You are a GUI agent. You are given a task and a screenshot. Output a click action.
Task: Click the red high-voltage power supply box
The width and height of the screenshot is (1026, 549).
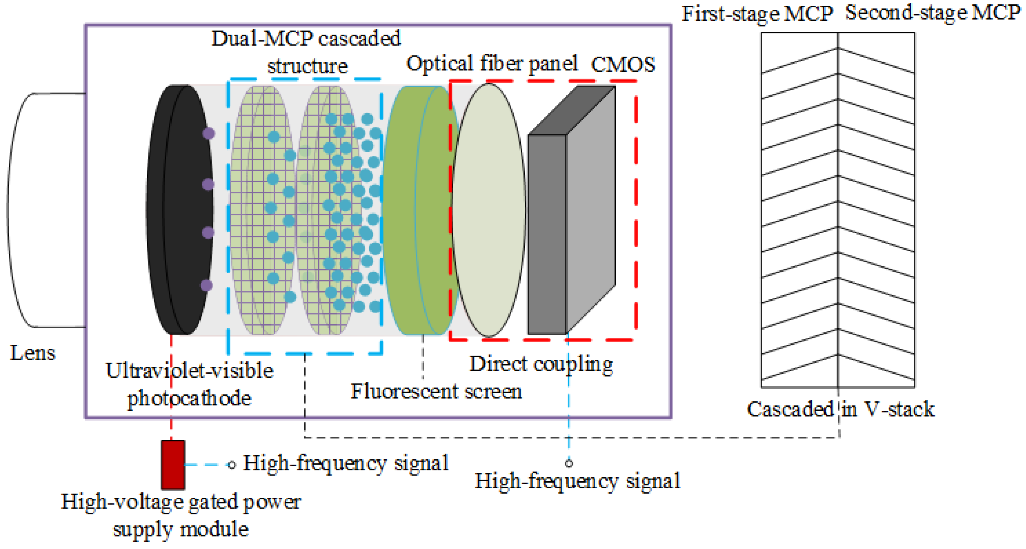click(x=173, y=465)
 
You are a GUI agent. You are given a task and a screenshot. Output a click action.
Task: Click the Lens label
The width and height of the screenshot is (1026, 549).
click(x=32, y=353)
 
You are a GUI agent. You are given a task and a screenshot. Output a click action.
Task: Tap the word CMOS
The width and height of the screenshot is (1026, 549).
click(x=623, y=64)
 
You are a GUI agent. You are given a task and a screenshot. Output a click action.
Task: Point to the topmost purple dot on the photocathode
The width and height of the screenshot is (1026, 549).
click(x=208, y=133)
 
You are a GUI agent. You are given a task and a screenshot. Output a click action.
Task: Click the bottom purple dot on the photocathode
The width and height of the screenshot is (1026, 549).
click(x=206, y=285)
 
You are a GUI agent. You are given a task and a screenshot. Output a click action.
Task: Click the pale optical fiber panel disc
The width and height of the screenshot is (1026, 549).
click(x=488, y=210)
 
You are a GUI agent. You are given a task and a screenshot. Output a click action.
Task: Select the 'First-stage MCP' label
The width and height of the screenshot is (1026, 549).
click(x=757, y=14)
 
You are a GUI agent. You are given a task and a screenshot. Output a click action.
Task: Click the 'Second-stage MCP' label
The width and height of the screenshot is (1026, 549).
click(x=932, y=13)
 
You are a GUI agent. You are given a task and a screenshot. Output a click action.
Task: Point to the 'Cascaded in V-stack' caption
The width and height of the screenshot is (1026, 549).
click(x=840, y=409)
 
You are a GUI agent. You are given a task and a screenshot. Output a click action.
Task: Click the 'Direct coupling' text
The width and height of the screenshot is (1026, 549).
click(x=541, y=364)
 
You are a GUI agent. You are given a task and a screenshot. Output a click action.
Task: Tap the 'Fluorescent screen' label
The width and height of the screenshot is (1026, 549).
click(x=436, y=391)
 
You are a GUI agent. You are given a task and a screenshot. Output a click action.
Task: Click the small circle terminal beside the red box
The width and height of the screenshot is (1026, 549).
click(x=231, y=465)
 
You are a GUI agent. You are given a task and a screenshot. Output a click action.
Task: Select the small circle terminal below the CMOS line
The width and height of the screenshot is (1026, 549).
click(x=569, y=463)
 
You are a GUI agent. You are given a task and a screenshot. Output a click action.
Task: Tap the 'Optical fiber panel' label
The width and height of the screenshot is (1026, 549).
click(x=491, y=63)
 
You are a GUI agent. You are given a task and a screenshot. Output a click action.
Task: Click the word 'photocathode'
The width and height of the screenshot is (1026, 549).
click(x=189, y=398)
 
